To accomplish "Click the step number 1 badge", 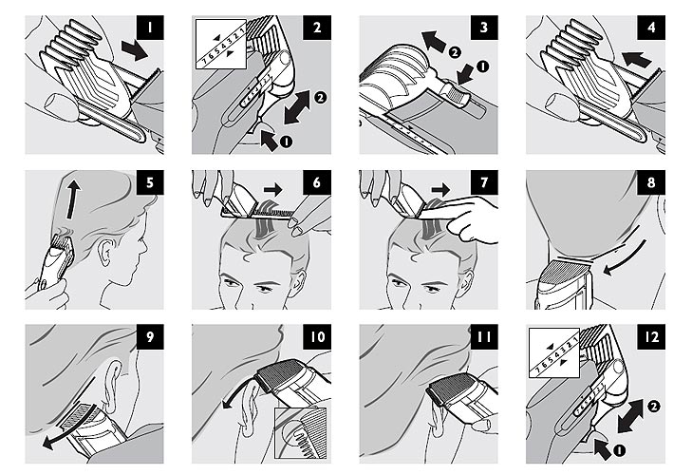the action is point(150,28).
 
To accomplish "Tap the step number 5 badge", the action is point(150,182).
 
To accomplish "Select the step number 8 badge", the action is point(651,182).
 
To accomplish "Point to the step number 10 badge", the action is point(317,336).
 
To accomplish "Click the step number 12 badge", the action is point(651,336).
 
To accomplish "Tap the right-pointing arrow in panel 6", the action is point(272,190).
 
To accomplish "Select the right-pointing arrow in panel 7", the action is point(440,190).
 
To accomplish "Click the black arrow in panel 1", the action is point(135,49).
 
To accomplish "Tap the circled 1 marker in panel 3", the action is point(483,66).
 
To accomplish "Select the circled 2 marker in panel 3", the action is point(454,52).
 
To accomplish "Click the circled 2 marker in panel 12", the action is point(653,406).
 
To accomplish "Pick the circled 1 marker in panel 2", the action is point(286,142).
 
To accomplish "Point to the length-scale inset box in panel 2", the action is point(220,44).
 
